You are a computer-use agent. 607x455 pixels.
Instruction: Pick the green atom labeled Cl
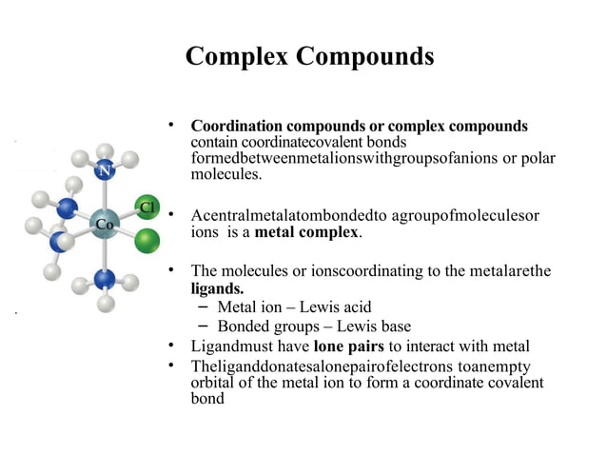tap(147, 208)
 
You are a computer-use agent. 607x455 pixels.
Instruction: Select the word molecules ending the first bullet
tap(224, 175)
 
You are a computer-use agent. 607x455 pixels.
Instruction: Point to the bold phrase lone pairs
tap(348, 345)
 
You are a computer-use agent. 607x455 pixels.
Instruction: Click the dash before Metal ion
tap(205, 307)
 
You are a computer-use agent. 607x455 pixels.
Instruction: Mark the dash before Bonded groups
tap(205, 325)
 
